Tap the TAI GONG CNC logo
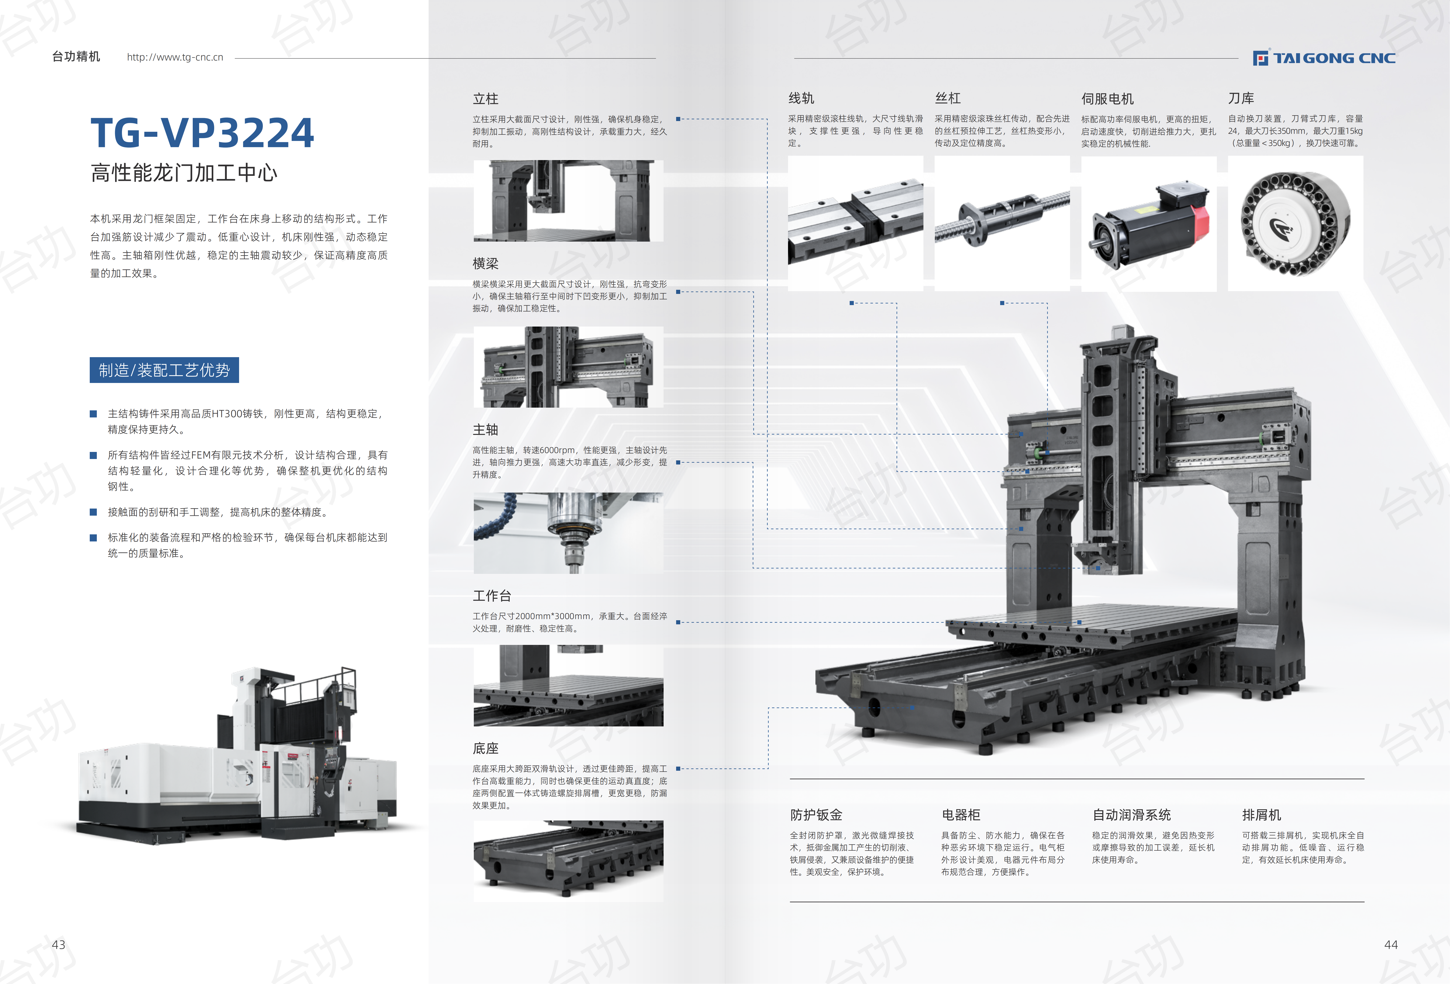tap(1324, 58)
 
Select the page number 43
tap(59, 945)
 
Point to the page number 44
tap(1391, 945)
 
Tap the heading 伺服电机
tap(1107, 99)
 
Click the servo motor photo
tap(1149, 223)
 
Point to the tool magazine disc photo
tap(1295, 223)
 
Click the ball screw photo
tap(1002, 223)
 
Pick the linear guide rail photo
tap(855, 223)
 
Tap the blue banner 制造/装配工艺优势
tap(164, 370)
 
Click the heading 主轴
tap(485, 429)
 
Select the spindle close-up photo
tap(568, 533)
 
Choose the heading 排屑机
tap(1262, 815)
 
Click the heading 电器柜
tap(961, 815)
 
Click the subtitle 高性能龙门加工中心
tap(184, 173)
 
